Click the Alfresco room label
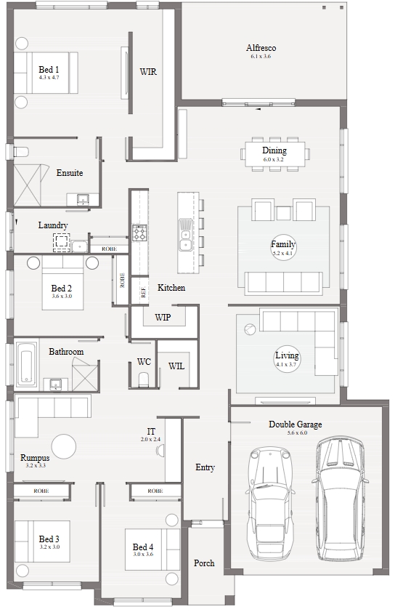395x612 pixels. click(261, 48)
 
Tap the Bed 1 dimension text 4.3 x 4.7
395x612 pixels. click(49, 77)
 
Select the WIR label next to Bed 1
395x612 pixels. click(148, 72)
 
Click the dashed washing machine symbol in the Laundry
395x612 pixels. click(62, 242)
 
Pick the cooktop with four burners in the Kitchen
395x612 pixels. click(139, 233)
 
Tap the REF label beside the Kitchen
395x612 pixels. click(143, 292)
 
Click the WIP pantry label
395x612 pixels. click(163, 318)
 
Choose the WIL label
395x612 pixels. click(176, 366)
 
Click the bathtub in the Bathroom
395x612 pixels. click(27, 366)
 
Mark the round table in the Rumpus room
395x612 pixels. click(64, 447)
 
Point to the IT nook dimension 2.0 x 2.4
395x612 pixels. click(150, 440)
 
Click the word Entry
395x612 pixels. click(205, 467)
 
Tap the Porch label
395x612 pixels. click(204, 563)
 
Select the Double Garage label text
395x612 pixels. click(296, 424)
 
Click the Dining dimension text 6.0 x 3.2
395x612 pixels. click(273, 160)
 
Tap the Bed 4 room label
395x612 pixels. click(143, 547)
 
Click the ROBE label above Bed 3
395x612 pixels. click(41, 491)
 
